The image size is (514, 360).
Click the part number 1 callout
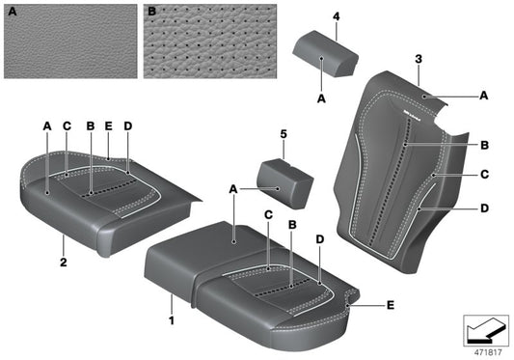tap(172, 318)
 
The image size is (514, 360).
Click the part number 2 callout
tap(63, 261)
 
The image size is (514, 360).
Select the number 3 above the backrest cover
tap(419, 60)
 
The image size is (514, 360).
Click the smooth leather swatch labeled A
tap(70, 41)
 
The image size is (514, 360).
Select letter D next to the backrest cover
tap(485, 208)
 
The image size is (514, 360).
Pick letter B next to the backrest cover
tap(485, 144)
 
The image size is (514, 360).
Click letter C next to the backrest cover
tap(485, 176)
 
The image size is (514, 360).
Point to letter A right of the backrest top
tap(483, 96)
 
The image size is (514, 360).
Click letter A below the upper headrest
tap(321, 98)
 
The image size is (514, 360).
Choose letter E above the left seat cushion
tap(108, 125)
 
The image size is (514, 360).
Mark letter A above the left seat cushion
tap(46, 125)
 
